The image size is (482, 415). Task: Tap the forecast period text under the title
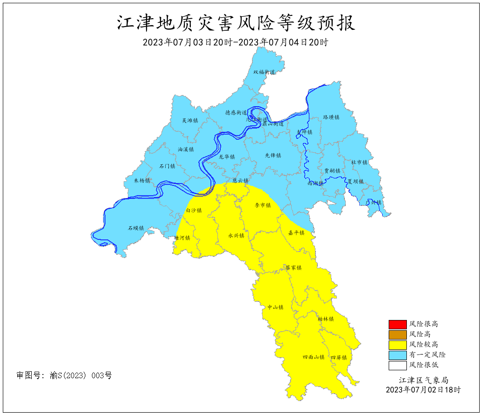click(x=236, y=42)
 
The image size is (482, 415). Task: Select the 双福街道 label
click(x=264, y=72)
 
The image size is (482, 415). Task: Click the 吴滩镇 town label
click(x=190, y=121)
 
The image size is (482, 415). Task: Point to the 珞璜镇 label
click(x=331, y=117)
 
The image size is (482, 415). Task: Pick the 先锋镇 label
click(x=273, y=156)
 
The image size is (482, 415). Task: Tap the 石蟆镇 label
click(x=136, y=228)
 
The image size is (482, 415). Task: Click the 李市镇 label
click(x=262, y=205)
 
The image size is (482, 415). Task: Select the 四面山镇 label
click(x=314, y=357)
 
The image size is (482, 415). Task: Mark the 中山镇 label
click(x=275, y=307)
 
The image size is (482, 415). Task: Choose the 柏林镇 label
click(x=326, y=319)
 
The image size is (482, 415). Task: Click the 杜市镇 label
click(x=359, y=163)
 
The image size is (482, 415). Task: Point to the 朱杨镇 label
click(x=142, y=181)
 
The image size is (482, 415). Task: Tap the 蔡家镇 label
click(x=293, y=268)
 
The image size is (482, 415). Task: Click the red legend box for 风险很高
click(x=395, y=324)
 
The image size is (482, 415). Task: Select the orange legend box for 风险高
click(x=395, y=334)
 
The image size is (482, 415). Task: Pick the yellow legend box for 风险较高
click(x=395, y=345)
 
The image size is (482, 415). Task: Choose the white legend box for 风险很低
click(x=395, y=365)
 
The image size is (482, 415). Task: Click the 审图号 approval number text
click(x=64, y=375)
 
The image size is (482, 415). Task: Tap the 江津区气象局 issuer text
click(x=423, y=381)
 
